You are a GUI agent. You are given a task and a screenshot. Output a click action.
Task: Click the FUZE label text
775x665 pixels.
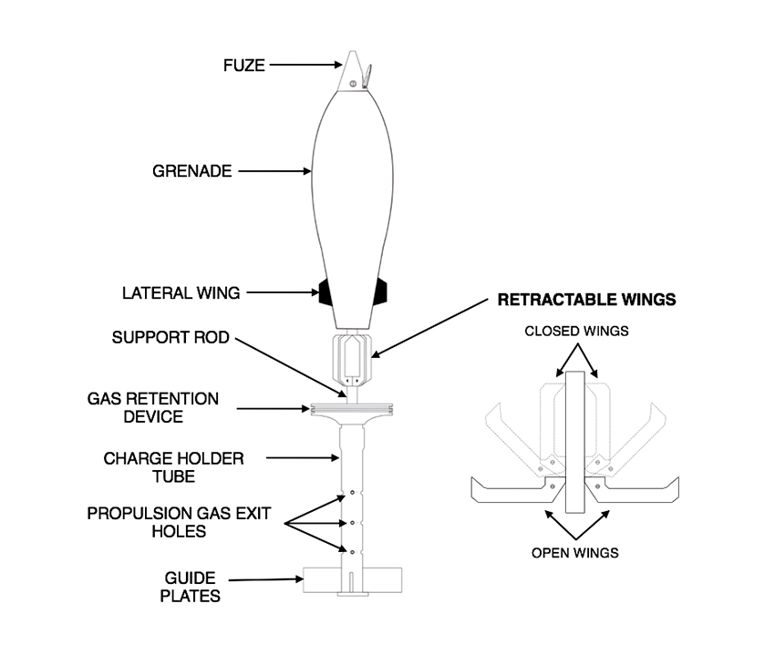point(243,66)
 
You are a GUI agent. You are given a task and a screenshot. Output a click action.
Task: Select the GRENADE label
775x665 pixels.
point(192,170)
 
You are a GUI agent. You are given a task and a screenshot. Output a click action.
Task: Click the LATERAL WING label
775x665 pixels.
point(181,293)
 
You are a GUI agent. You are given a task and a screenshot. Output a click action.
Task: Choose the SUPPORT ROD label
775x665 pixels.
point(170,338)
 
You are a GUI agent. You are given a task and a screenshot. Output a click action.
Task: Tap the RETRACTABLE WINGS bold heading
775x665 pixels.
point(585,300)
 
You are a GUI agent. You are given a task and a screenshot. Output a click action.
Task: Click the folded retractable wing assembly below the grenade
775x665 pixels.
point(351,359)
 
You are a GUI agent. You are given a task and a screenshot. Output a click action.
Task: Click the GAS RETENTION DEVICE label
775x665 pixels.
point(153,407)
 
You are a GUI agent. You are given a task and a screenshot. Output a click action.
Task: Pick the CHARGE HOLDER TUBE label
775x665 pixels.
point(173,466)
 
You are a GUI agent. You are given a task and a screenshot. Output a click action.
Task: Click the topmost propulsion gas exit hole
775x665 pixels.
point(346,497)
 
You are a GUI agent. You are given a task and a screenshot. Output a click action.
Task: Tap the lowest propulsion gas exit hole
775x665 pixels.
point(346,549)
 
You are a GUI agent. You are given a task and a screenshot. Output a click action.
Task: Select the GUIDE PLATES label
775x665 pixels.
point(191,587)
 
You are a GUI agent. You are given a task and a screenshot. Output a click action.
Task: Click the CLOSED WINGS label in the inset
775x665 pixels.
point(575,332)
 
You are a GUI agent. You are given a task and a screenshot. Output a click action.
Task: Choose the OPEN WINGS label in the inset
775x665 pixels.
point(575,553)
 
